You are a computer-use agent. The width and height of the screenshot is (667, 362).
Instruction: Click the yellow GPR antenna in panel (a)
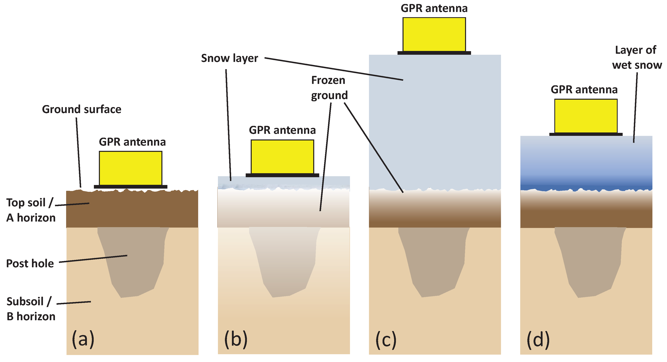[x=130, y=168]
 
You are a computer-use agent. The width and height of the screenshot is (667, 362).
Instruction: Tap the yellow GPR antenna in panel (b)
[x=282, y=157]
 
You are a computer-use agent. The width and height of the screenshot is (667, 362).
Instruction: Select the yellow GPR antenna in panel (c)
[x=434, y=34]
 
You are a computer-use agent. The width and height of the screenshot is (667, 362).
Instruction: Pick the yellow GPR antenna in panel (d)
[x=586, y=116]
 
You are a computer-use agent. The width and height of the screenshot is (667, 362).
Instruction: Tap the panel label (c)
[x=386, y=339]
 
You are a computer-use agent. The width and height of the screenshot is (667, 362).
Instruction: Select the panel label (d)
[x=538, y=339]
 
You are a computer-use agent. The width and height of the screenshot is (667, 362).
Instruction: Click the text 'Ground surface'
[x=82, y=109]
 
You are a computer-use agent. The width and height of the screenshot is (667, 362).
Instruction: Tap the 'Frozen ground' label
[x=329, y=88]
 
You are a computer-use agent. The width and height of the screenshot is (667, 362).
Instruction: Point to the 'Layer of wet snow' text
[x=636, y=58]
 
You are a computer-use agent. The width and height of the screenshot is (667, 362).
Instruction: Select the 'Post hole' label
[x=30, y=263]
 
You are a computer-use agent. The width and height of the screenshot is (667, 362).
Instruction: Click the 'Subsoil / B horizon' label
[x=31, y=309]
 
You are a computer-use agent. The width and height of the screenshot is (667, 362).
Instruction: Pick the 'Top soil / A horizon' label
[x=31, y=210]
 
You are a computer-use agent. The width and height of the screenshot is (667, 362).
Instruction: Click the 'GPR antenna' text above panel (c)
[x=434, y=8]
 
